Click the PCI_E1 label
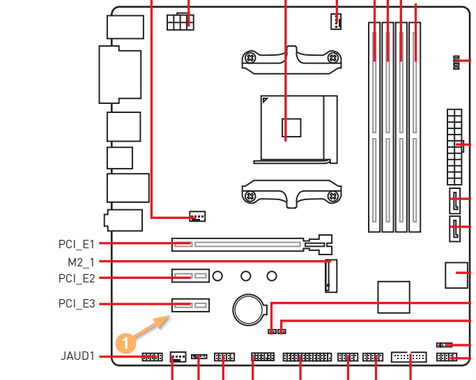tap(77, 244)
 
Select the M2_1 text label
tap(81, 262)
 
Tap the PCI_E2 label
tap(77, 278)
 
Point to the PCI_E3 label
tap(77, 304)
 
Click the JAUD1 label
tap(77, 356)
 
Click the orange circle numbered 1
tap(124, 342)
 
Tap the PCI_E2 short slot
tap(190, 277)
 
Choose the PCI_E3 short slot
tap(190, 305)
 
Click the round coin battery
tap(247, 307)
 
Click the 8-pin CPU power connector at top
tap(180, 21)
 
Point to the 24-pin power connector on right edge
tap(454, 144)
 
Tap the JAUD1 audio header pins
tap(151, 357)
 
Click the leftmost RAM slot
tap(375, 126)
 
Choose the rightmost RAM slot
tap(415, 126)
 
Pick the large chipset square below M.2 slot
tap(394, 296)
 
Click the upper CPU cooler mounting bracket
tap(291, 59)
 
